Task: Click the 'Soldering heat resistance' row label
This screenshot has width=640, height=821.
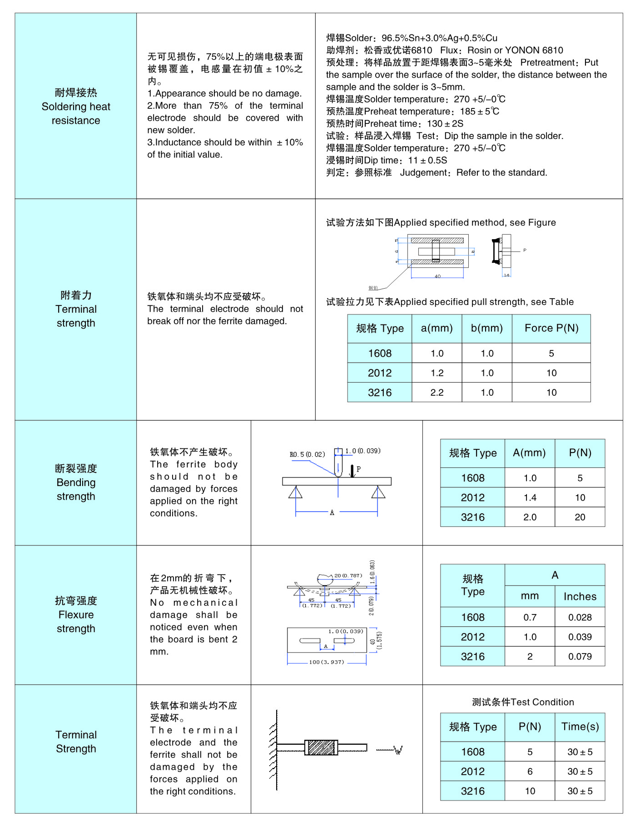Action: pos(76,107)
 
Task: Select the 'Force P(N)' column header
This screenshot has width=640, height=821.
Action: pos(551,328)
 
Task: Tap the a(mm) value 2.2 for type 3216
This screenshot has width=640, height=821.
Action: pos(437,393)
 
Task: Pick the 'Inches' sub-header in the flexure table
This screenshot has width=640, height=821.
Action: pos(580,596)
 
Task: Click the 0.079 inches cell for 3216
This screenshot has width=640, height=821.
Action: pos(580,656)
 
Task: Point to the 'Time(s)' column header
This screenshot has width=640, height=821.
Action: pos(580,727)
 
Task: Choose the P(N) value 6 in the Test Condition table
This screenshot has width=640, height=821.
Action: pos(530,772)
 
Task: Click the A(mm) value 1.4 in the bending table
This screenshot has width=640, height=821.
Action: pos(530,498)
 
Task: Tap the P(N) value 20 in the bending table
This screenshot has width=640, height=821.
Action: pos(580,517)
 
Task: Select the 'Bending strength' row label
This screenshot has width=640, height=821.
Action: pos(76,482)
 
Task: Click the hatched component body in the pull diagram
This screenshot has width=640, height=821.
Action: pos(321,747)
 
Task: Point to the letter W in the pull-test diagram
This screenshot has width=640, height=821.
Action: pos(398,750)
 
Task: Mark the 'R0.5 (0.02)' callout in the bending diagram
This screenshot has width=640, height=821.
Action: pos(307,454)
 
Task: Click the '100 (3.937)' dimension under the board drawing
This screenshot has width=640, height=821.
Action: pos(326,662)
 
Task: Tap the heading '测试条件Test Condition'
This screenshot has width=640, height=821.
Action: pos(522,702)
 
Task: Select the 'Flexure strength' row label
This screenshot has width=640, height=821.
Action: pos(76,615)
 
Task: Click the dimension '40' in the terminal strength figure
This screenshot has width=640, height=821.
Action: pos(437,276)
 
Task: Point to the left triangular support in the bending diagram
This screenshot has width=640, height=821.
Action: pos(295,492)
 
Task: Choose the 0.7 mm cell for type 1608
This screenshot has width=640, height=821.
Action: pos(530,617)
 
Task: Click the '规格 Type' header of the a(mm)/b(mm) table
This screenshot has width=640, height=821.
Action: pos(380,328)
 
